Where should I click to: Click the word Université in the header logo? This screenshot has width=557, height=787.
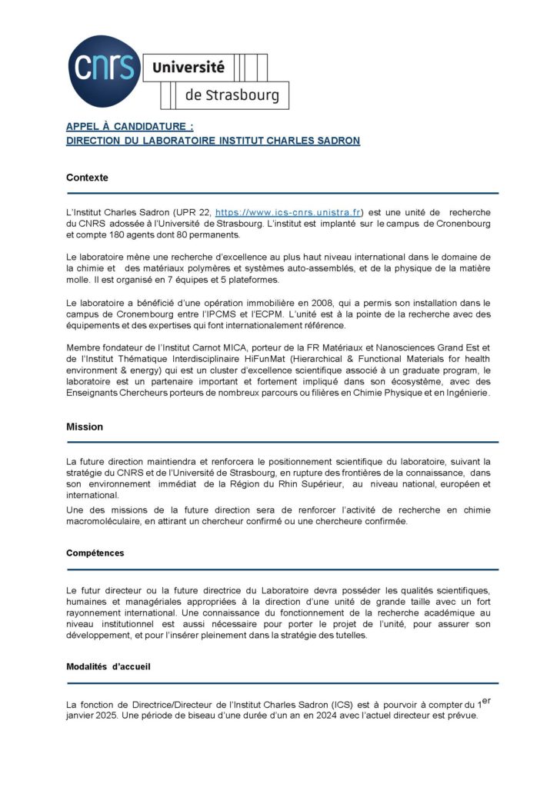[x=188, y=68]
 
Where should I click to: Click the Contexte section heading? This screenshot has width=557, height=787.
[x=87, y=178]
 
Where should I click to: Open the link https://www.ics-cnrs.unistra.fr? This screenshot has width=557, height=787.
[x=288, y=211]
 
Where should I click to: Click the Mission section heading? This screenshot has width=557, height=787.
[x=85, y=427]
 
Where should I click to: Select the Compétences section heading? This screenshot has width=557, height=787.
[x=95, y=553]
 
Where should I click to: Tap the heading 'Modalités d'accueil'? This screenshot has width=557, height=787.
[x=108, y=666]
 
